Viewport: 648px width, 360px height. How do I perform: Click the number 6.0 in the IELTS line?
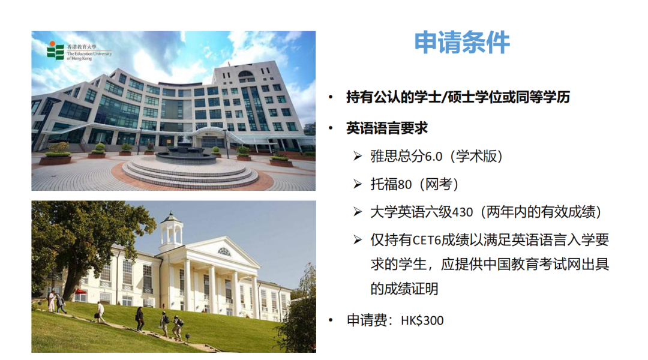pyautogui.click(x=433, y=157)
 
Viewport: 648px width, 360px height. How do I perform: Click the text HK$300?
pyautogui.click(x=422, y=321)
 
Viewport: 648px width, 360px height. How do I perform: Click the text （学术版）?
pyautogui.click(x=473, y=157)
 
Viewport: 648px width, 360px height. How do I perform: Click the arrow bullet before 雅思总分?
pyautogui.click(x=358, y=157)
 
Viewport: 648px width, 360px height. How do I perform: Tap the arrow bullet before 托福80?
pyautogui.click(x=358, y=185)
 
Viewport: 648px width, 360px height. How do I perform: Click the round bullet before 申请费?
pyautogui.click(x=331, y=321)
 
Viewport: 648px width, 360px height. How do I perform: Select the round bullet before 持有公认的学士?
pyautogui.click(x=331, y=97)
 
